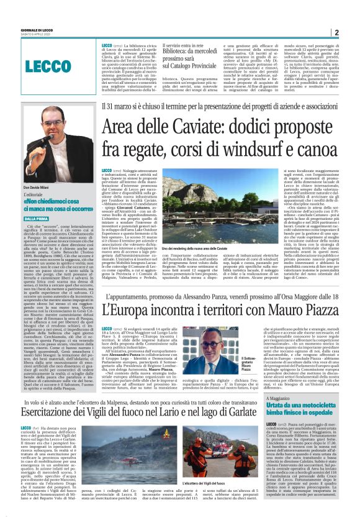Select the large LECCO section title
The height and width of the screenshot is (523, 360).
point(52,68)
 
